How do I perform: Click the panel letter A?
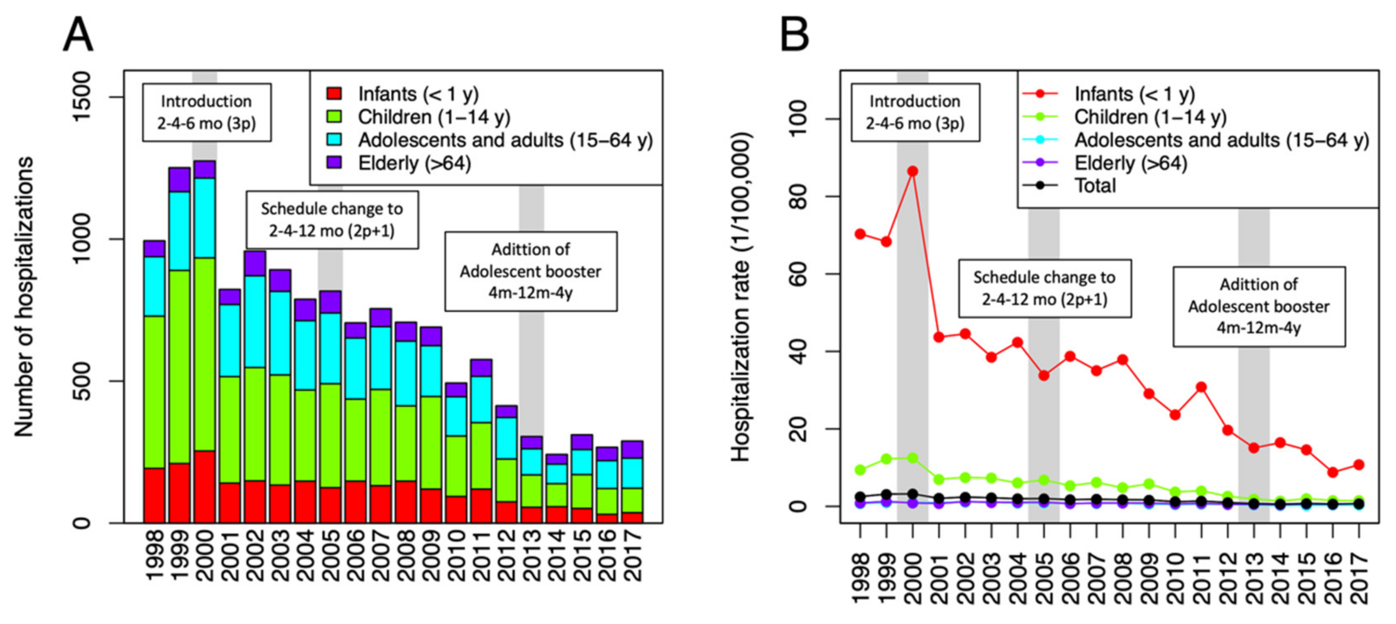click(x=78, y=35)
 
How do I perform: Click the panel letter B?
click(x=794, y=35)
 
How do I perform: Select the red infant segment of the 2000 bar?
click(x=204, y=486)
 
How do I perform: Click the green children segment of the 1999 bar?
click(x=179, y=367)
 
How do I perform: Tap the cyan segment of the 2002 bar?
click(x=255, y=322)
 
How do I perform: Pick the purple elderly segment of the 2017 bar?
click(x=632, y=449)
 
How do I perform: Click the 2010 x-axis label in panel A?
click(x=455, y=556)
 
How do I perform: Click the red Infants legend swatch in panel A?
click(x=334, y=94)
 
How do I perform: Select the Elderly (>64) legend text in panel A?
click(x=414, y=163)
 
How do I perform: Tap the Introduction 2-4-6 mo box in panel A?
click(x=206, y=112)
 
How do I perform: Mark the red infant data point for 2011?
click(x=1201, y=387)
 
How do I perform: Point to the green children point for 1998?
click(x=860, y=470)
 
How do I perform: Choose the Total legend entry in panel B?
click(x=1095, y=186)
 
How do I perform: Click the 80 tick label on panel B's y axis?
click(x=798, y=196)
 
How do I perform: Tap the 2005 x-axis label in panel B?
click(x=1044, y=579)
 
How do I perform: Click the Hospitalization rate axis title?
click(x=740, y=297)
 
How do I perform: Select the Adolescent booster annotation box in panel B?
click(x=1258, y=306)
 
